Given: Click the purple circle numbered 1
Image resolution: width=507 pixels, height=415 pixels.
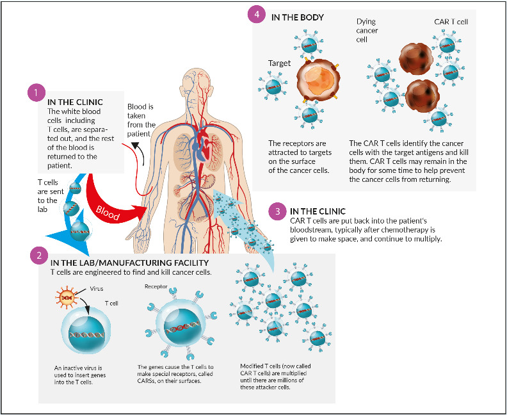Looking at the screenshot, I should (x=36, y=92).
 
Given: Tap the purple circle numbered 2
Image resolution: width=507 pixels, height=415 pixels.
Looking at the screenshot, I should (x=39, y=255).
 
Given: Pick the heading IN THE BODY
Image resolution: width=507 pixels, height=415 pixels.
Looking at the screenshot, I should (x=297, y=17).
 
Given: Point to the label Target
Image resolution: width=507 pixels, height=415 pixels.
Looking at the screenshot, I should (x=280, y=64).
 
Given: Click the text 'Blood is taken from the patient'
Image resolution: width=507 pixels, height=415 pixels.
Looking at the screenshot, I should (x=141, y=120).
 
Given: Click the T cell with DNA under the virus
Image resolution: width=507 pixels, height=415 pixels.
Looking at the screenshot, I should (x=81, y=334).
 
